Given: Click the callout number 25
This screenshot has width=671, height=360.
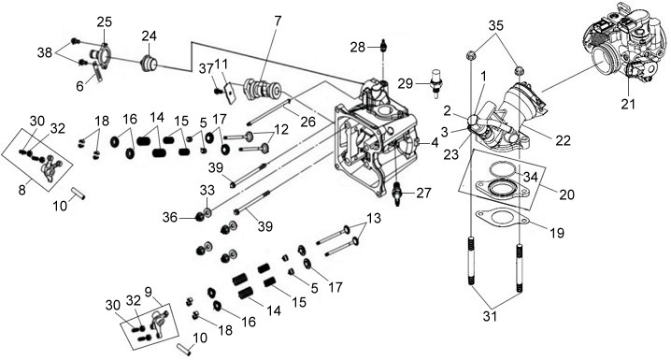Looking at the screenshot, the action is [x=104, y=22].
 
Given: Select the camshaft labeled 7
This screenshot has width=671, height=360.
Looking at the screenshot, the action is [x=262, y=89].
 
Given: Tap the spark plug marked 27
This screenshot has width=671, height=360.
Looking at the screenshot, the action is [x=398, y=193].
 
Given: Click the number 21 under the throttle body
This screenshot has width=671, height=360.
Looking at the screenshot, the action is [x=628, y=104].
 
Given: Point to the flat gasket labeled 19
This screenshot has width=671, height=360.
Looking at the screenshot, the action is [x=502, y=217].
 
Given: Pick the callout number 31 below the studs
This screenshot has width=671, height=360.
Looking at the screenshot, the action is [x=490, y=316].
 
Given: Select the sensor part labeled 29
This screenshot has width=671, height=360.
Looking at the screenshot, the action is [x=436, y=82].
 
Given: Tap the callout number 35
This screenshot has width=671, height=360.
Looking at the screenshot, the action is [x=496, y=25].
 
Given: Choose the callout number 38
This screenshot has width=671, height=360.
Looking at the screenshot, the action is [x=45, y=52].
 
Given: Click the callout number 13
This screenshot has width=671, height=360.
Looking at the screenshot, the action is [x=373, y=218].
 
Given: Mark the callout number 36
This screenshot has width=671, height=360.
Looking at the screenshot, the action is [x=169, y=218].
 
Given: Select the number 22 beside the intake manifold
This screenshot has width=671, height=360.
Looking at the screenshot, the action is [x=563, y=140].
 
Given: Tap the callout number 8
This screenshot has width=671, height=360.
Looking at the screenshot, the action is [x=21, y=190].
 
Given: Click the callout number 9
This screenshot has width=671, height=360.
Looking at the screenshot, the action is [x=148, y=292].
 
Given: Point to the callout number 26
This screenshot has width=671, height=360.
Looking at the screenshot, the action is [x=307, y=122].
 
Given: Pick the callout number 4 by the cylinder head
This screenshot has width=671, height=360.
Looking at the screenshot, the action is [x=435, y=143].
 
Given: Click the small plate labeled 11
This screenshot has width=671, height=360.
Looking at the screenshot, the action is [x=231, y=93].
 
